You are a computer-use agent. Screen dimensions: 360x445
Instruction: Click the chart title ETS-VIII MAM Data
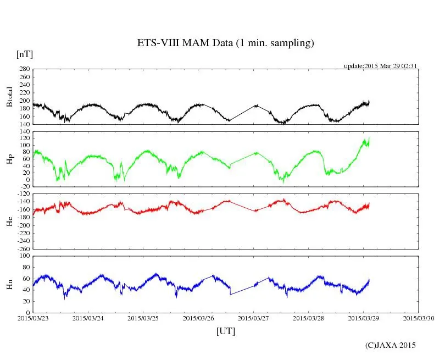(225, 43)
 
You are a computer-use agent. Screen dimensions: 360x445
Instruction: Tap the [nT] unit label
(24, 54)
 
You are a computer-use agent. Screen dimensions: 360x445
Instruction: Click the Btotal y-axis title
(9, 97)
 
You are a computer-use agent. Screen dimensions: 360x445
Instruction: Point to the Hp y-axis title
(9, 159)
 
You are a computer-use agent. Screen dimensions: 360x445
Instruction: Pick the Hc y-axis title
(9, 221)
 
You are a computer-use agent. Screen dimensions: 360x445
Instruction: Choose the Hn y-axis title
(9, 284)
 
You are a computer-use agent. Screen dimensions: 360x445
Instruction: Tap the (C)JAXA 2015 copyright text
(391, 345)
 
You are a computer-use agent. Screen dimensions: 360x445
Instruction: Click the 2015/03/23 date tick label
(33, 318)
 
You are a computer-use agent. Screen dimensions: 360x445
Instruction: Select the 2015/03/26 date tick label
(198, 318)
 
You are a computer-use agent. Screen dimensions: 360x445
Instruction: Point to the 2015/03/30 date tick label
(419, 318)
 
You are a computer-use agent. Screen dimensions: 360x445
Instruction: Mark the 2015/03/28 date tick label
(309, 318)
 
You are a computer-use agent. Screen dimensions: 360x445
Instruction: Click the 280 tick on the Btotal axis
(24, 70)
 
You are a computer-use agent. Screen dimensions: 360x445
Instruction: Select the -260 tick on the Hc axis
(23, 248)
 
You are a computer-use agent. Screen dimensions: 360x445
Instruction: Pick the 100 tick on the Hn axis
(24, 256)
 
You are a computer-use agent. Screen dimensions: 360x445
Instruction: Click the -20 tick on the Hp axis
(24, 186)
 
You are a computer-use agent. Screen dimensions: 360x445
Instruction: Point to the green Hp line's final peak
(369, 138)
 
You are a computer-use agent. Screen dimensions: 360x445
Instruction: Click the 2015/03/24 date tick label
(88, 318)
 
